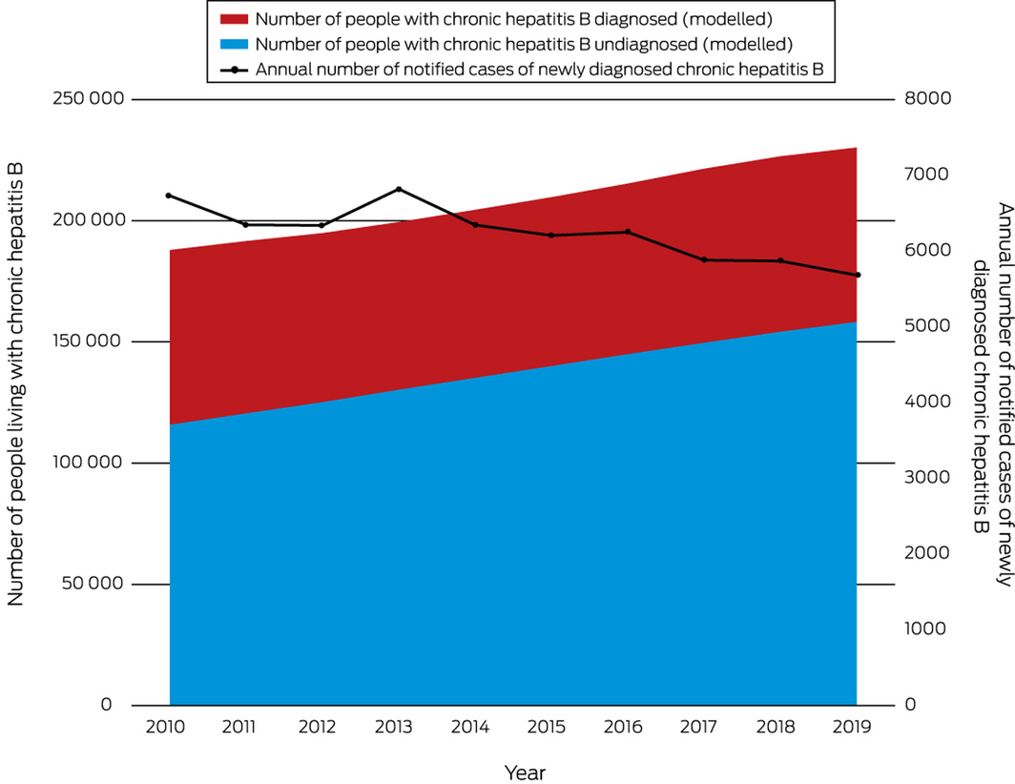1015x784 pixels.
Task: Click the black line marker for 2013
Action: (x=398, y=189)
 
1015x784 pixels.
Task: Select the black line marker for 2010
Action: (x=169, y=196)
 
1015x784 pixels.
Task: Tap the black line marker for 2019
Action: (x=857, y=275)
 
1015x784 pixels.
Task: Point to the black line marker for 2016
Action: (x=628, y=232)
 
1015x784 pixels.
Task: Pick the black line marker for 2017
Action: (x=704, y=259)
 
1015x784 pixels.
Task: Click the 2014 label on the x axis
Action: (x=470, y=727)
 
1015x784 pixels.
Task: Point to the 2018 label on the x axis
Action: (x=776, y=727)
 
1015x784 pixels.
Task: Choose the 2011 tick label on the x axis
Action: (x=241, y=727)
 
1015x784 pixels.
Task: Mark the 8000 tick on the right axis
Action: (x=923, y=100)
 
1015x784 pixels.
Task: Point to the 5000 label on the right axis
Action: (x=923, y=326)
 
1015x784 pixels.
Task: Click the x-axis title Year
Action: (x=526, y=771)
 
